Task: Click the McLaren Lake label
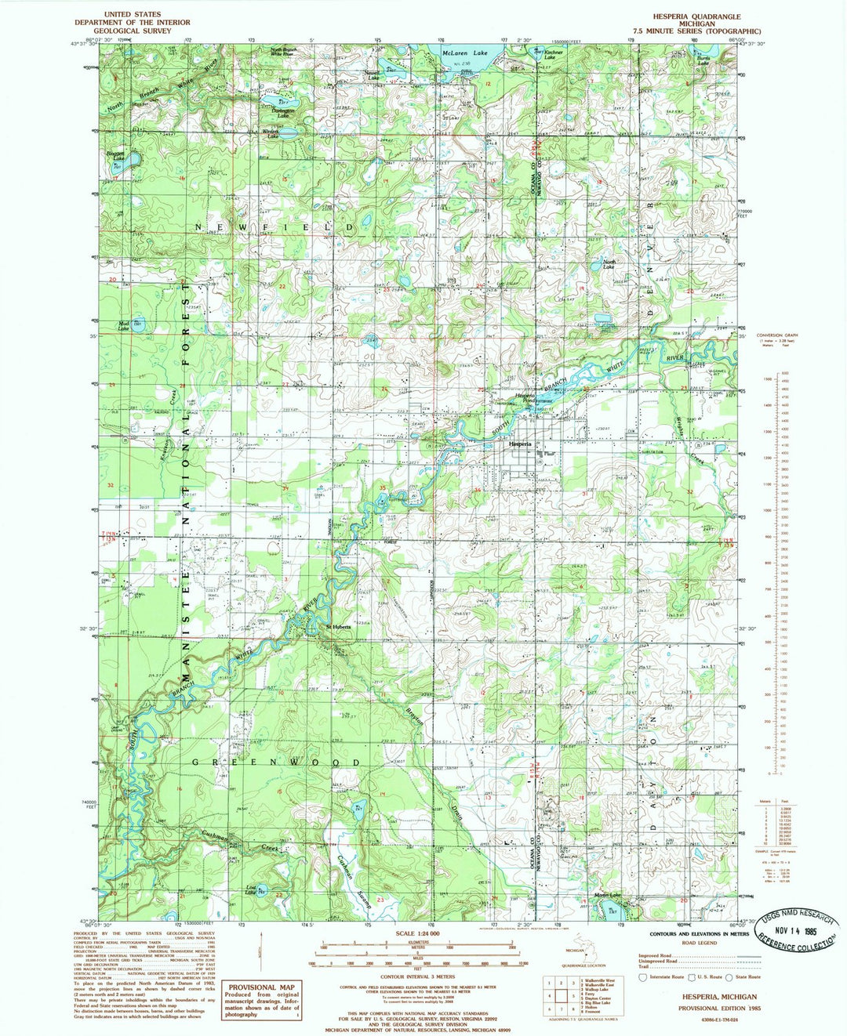pos(464,53)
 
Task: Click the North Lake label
pos(608,265)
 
